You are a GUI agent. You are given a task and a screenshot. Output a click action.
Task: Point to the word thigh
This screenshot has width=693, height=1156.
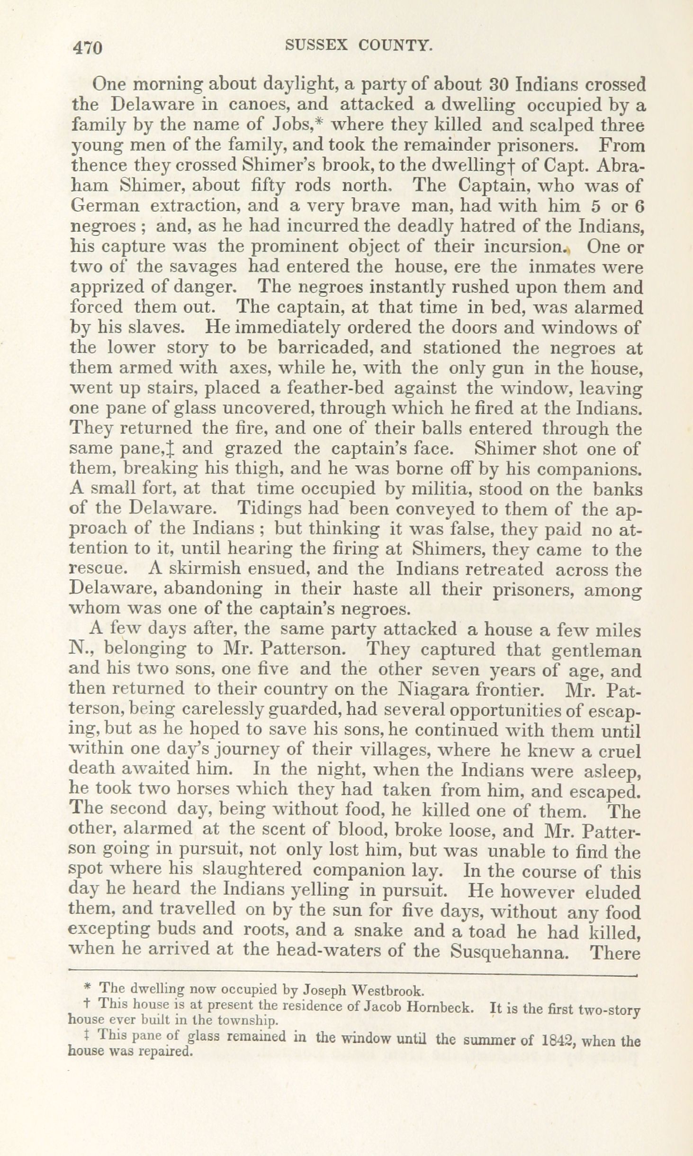click(x=265, y=469)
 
